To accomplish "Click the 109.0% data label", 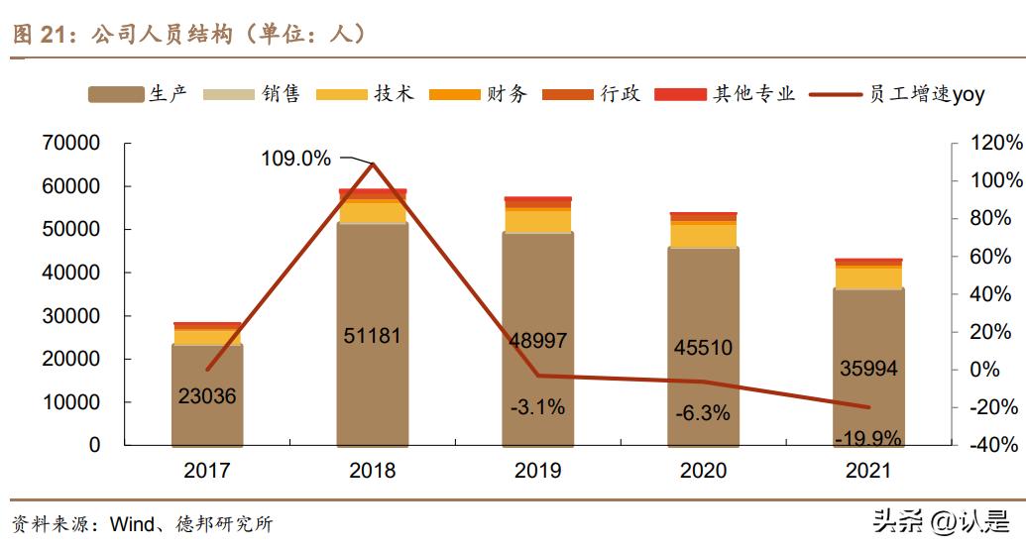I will click(295, 159).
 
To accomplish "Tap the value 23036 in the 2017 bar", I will click(207, 396).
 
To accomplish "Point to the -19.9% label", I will click(867, 437).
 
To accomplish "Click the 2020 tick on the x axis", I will click(703, 470).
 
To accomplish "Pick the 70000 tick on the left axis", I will click(71, 143).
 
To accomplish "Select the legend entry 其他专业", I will click(754, 94).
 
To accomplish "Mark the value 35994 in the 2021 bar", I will click(867, 369).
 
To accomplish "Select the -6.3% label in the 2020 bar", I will click(703, 413).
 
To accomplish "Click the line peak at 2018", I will click(373, 164).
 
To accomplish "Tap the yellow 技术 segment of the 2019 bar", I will click(537, 221).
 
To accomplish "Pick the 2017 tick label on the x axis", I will click(207, 470).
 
